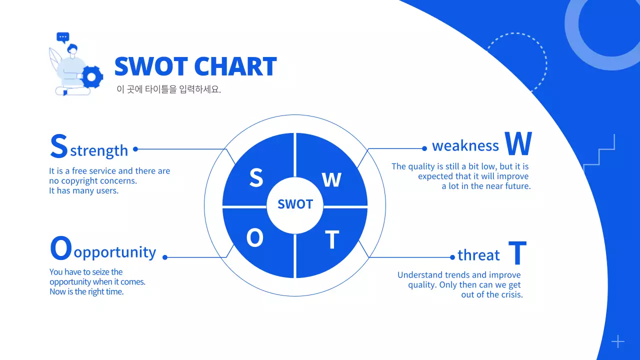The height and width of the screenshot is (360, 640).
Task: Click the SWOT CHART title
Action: [195, 66]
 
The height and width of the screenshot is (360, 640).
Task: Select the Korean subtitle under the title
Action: [168, 90]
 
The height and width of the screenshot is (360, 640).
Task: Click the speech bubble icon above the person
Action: [62, 37]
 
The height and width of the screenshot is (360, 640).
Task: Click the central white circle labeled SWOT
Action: [295, 204]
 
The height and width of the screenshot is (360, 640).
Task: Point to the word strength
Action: [99, 150]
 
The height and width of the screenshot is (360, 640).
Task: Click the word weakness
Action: [465, 146]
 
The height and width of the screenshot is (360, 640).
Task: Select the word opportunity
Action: [115, 252]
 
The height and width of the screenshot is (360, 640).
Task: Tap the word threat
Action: [478, 255]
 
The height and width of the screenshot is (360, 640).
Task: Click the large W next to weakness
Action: [518, 144]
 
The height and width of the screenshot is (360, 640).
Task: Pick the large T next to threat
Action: [517, 253]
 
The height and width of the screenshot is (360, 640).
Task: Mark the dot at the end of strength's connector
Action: [135, 149]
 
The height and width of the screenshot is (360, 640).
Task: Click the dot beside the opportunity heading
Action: [165, 257]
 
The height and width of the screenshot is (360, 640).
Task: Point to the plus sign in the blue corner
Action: [618, 341]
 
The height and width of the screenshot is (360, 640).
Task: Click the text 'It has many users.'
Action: [84, 191]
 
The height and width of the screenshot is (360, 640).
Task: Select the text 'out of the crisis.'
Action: [492, 294]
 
